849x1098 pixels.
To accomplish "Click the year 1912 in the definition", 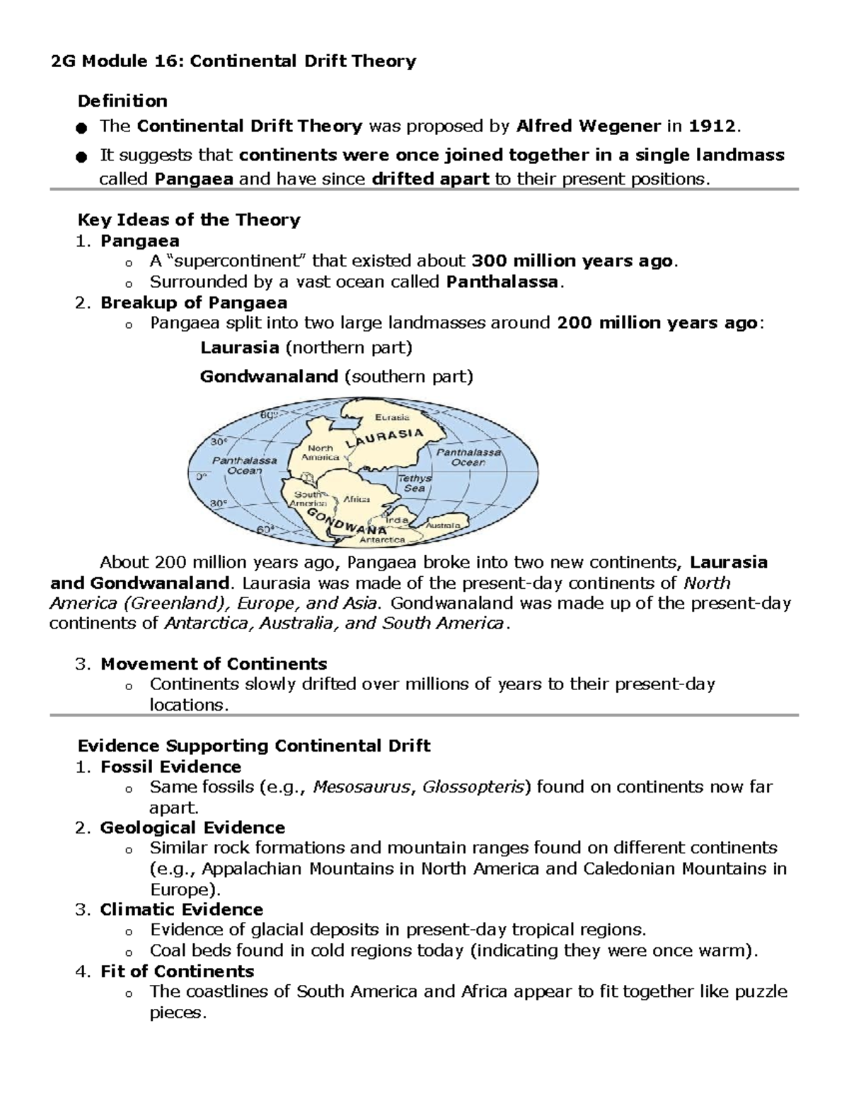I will click(x=712, y=127).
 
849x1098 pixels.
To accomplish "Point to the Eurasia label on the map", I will click(x=392, y=417).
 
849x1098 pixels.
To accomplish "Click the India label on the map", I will click(x=398, y=520).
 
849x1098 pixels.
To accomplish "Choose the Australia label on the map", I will click(x=444, y=525).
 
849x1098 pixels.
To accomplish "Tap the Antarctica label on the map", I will click(x=382, y=539).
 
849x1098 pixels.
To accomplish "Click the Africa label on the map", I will click(x=357, y=498).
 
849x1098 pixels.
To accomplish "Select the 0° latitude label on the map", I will click(x=202, y=477).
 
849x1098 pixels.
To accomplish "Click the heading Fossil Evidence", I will click(x=171, y=766).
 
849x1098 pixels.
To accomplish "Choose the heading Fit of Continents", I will click(x=177, y=971).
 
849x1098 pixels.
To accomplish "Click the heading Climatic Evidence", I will click(x=181, y=909).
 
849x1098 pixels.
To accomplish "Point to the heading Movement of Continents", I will click(x=214, y=664).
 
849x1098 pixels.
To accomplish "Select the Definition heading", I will click(x=122, y=101).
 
